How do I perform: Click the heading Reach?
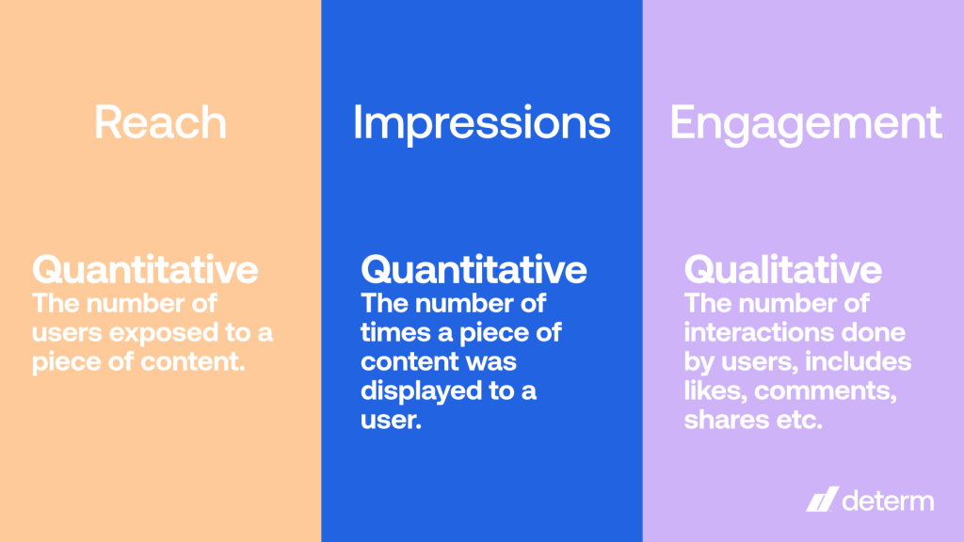click(160, 124)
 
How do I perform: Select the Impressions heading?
click(481, 124)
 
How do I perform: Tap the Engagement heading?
click(806, 124)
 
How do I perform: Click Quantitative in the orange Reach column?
click(145, 270)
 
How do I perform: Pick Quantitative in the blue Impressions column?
click(474, 270)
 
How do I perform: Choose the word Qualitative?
click(782, 270)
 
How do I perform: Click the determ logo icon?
click(821, 501)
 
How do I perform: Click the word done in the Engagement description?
click(876, 333)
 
